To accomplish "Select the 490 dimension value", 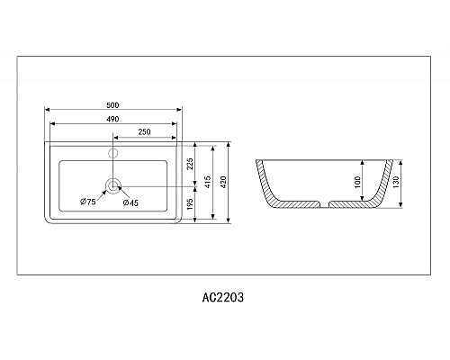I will pos(113,120).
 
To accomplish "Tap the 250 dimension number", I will pos(143,132).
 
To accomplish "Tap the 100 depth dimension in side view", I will pos(358,182).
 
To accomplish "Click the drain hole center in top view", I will pos(112,186).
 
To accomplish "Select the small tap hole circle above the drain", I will pos(112,152).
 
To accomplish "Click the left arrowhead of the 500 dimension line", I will pos(49,112).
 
